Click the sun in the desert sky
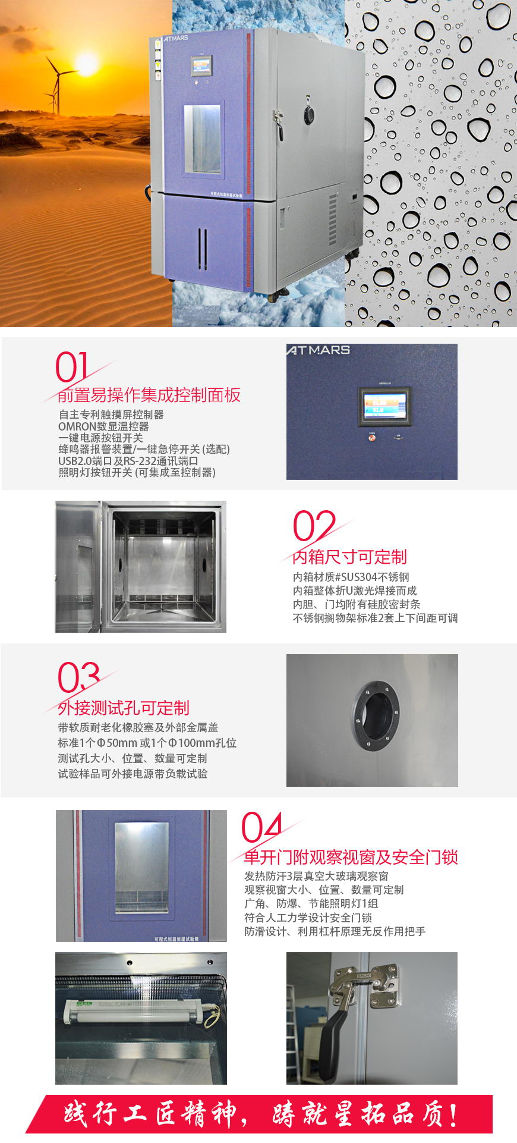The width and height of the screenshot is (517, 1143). (87, 65)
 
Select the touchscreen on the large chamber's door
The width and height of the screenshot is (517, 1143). (201, 66)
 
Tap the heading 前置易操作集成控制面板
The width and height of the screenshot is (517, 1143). (149, 395)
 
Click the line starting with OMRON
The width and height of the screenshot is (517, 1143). (103, 426)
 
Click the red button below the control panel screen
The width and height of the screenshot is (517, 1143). (373, 438)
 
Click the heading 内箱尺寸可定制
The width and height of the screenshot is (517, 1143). (349, 557)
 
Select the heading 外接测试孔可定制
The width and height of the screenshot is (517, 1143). (124, 708)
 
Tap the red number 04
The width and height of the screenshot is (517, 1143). (261, 827)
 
